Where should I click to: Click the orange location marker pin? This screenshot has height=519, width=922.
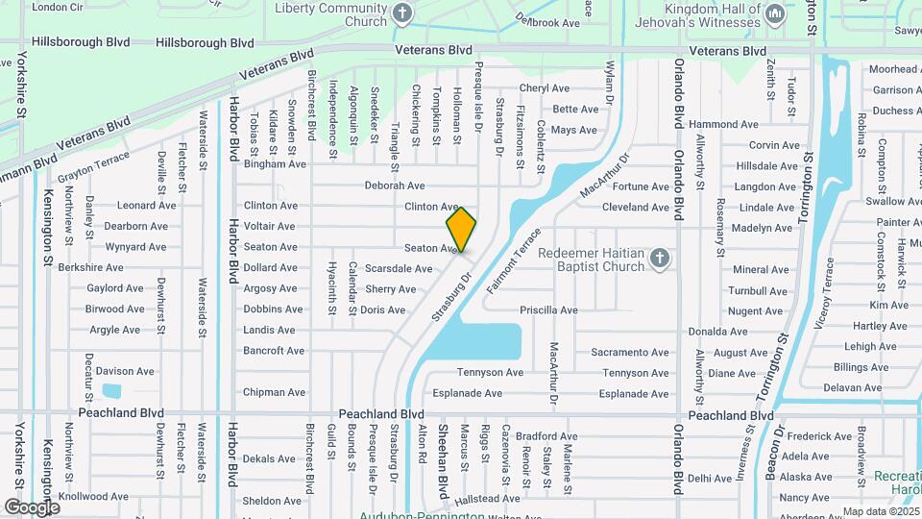pos(461,229)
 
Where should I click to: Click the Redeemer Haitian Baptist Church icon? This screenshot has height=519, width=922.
pos(659,258)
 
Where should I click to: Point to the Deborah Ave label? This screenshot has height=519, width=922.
pos(394,185)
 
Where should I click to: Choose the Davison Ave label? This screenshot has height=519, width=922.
pos(125,371)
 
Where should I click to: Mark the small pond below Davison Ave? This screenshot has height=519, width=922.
pos(111,391)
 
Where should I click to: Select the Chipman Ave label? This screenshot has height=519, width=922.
pos(274,392)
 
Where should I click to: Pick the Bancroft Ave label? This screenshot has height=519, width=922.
pos(274,351)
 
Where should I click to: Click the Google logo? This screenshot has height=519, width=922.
pos(32,507)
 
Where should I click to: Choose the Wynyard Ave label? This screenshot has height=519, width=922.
pos(135,247)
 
